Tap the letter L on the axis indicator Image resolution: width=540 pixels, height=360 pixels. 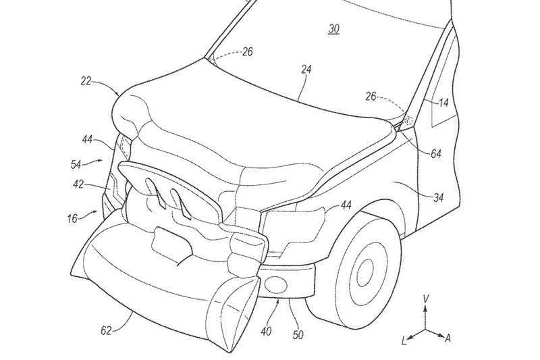point(404,340)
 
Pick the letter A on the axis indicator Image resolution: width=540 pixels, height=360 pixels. point(448,336)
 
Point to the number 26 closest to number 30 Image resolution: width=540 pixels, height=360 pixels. point(248,51)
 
